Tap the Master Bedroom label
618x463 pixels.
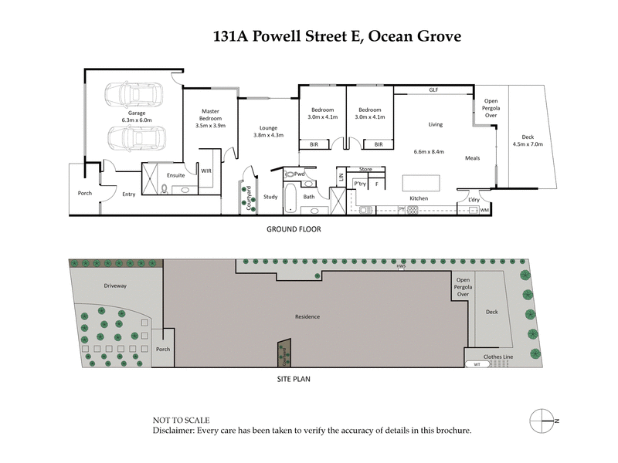[x=210, y=118]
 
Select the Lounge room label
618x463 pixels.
[x=268, y=130]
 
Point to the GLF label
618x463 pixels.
[x=433, y=90]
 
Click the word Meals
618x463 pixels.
[x=473, y=158]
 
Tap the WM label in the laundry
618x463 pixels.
[x=485, y=209]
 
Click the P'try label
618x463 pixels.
[x=359, y=184]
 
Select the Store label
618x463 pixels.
[x=366, y=169]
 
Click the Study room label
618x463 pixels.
[x=270, y=197]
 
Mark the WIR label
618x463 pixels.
[x=206, y=171]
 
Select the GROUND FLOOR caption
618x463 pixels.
[x=293, y=229]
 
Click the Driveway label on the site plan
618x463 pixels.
[x=116, y=286]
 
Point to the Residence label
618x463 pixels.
[x=307, y=317]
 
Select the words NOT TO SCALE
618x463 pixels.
[x=182, y=421]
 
